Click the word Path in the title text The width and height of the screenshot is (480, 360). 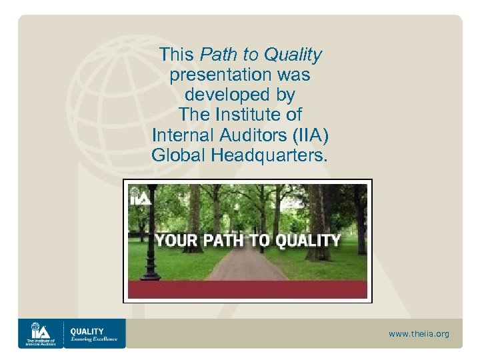click(x=215, y=55)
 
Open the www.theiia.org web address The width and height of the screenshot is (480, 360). click(x=419, y=333)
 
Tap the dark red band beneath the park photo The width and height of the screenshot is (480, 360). click(x=247, y=289)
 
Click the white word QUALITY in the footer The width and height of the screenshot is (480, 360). click(x=87, y=331)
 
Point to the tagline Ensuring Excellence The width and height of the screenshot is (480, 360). click(x=94, y=339)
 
